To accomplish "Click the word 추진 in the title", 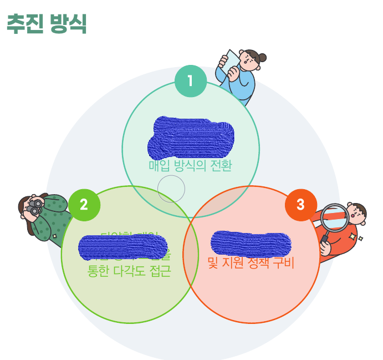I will tap(24, 24).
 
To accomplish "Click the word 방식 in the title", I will tap(68, 24).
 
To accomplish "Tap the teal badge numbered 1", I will tap(190, 81).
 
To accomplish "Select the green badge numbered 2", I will tap(84, 204).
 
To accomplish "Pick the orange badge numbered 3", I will tap(300, 204).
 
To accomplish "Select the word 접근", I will tap(160, 271).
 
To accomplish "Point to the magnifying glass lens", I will tap(334, 217).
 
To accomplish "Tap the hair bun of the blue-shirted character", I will tap(262, 57).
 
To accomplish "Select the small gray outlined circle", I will tap(171, 189).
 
